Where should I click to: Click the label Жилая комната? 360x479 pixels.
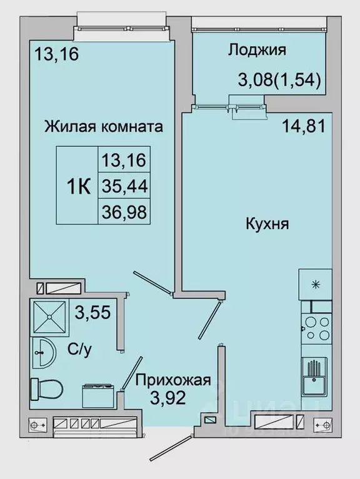pos(104,127)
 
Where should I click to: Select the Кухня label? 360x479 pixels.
pos(267,224)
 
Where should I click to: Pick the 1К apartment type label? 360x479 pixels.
pos(78,186)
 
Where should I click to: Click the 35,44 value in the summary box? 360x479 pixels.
pos(123,186)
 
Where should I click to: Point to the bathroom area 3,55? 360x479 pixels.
pos(92,312)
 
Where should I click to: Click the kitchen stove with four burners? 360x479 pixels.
pos(316,327)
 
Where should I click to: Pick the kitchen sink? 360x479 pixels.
pos(315,375)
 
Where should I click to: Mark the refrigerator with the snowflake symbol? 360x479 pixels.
pos(316,285)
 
